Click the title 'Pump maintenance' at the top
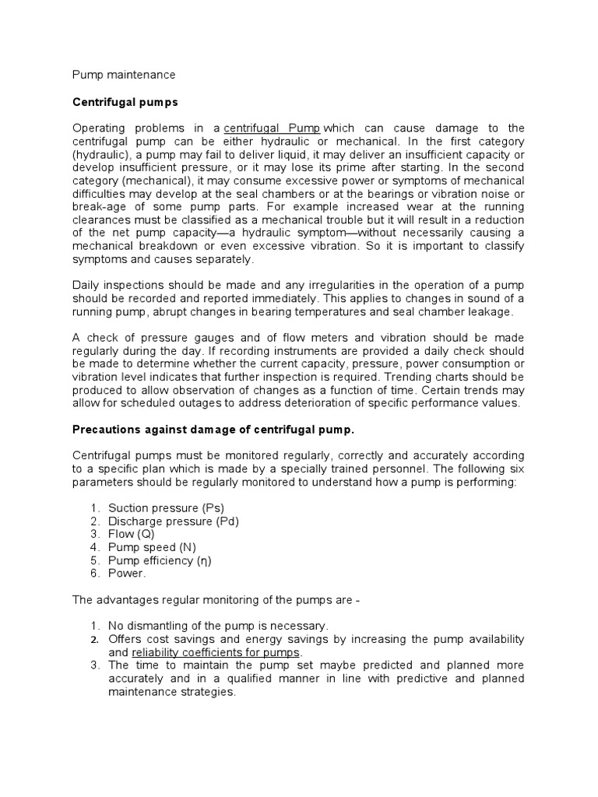pyautogui.click(x=124, y=75)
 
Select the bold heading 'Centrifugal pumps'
pyautogui.click(x=125, y=101)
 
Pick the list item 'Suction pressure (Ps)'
pyautogui.click(x=166, y=507)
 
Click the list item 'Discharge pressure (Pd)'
pyautogui.click(x=173, y=521)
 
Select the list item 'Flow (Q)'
pyautogui.click(x=131, y=534)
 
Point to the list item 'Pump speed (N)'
pyautogui.click(x=151, y=547)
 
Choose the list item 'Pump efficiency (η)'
pyautogui.click(x=160, y=560)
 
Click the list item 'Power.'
pyautogui.click(x=127, y=574)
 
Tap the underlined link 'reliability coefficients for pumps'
pyautogui.click(x=216, y=652)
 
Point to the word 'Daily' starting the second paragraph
pyautogui.click(x=86, y=285)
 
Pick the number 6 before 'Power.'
pyautogui.click(x=93, y=574)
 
